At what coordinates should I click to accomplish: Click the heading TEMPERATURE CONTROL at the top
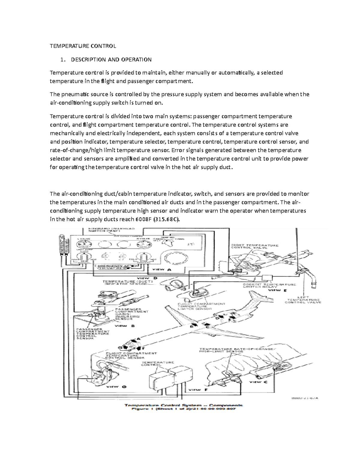(82, 46)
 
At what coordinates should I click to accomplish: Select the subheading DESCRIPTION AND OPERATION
(111, 59)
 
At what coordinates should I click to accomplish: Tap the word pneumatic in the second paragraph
(74, 94)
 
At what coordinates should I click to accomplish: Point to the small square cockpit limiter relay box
(266, 277)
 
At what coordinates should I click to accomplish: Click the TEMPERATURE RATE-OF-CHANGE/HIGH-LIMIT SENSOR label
(237, 350)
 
